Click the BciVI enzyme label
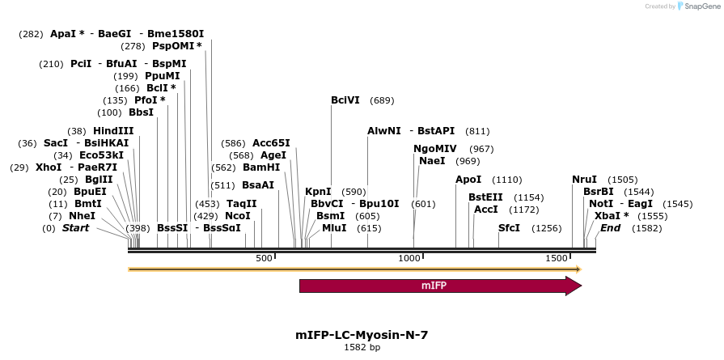tap(345, 100)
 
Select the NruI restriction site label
tap(584, 180)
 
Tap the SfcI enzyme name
tap(509, 228)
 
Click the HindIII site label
tap(113, 131)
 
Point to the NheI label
tap(82, 216)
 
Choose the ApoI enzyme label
tap(468, 180)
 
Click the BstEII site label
tap(485, 197)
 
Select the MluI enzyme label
tap(334, 228)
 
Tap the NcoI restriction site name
tap(238, 216)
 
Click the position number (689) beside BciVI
tap(382, 100)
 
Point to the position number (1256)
tap(546, 228)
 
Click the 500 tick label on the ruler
tap(264, 258)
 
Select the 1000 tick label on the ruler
tap(410, 258)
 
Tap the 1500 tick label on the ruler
tap(557, 258)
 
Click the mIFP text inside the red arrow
tap(434, 286)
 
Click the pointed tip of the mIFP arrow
tap(580, 286)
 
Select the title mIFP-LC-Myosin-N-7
tap(362, 334)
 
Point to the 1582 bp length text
tap(362, 347)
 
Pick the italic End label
tap(610, 228)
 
